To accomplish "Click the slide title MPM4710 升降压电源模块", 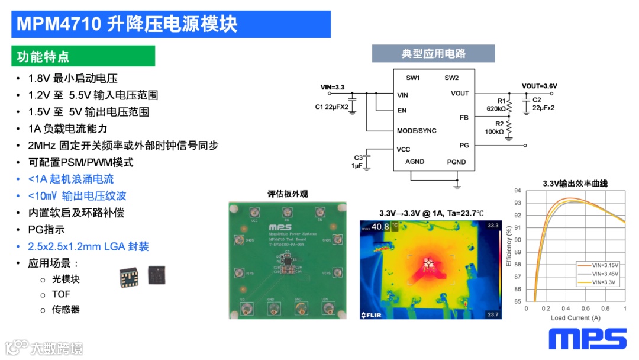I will tap(127, 24).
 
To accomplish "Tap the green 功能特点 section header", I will tap(43, 57).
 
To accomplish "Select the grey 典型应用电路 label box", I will tap(433, 54).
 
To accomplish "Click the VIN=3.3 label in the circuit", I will tap(332, 87).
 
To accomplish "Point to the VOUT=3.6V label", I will tap(539, 86).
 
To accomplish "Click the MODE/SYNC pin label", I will tap(417, 131).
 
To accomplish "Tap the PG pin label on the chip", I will tap(464, 145).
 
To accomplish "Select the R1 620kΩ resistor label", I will tap(496, 105).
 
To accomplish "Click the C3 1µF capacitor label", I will tap(357, 162).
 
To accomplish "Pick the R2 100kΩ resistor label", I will tap(495, 127).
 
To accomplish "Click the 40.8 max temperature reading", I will tap(380, 226).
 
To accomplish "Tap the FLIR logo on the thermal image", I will tap(373, 314).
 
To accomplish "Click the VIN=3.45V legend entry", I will tap(598, 274).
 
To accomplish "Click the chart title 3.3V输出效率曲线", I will tap(575, 184).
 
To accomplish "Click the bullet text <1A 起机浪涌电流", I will tap(70, 179).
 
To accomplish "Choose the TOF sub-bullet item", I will tap(60, 294).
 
